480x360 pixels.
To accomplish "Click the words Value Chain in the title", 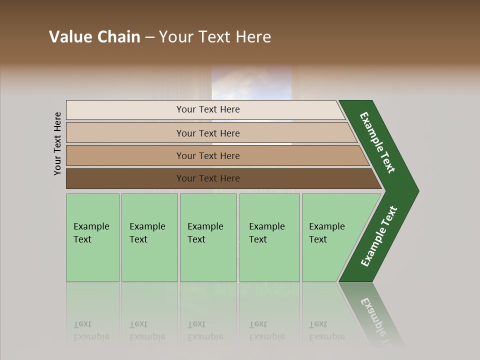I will (94, 37).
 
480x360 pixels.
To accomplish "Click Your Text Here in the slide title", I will (215, 37).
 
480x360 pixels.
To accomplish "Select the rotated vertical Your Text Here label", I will (57, 143).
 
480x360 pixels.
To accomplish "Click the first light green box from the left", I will (92, 237).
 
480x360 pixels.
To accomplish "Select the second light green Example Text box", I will (149, 237).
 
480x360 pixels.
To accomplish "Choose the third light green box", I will (208, 237).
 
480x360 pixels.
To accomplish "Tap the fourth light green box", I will (269, 237).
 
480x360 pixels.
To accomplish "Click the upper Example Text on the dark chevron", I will (377, 142).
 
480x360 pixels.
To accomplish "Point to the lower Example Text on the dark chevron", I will (378, 236).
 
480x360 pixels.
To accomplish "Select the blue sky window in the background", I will (251, 82).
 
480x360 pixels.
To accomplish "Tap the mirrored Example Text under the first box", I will (91, 330).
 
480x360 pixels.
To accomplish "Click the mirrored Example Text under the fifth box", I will (326, 330).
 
